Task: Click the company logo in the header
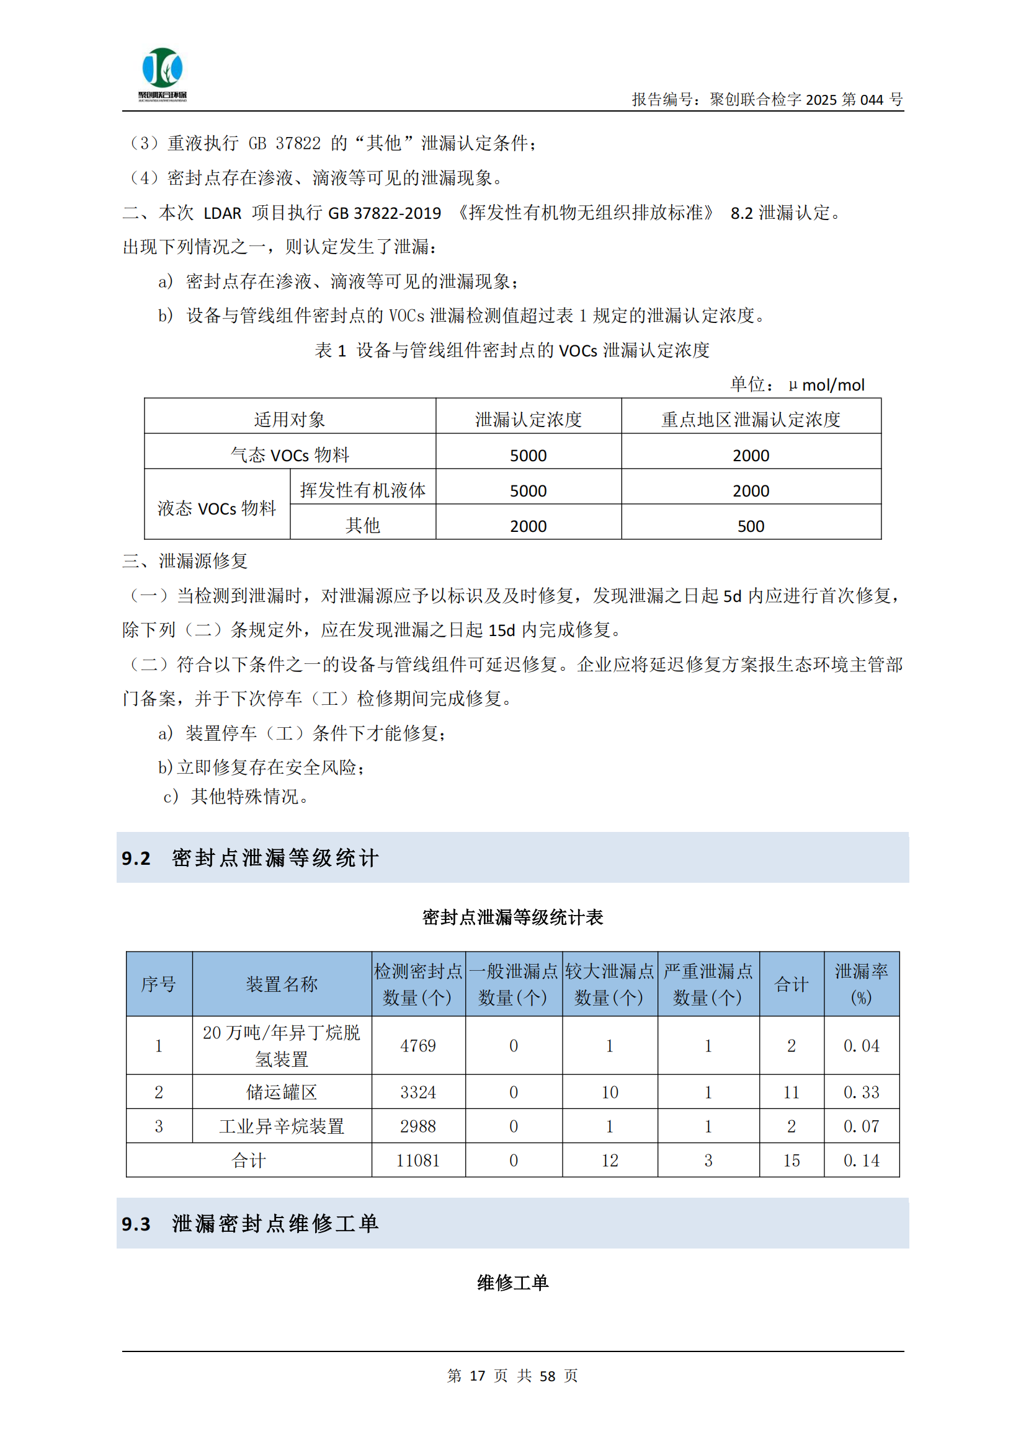(x=163, y=73)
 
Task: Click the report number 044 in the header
(x=871, y=99)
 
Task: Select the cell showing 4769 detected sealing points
(x=417, y=1046)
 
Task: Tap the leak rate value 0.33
(x=861, y=1092)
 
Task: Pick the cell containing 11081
(x=417, y=1160)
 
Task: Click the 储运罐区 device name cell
(x=282, y=1092)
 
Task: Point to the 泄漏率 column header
(x=861, y=984)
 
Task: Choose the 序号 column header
(x=159, y=984)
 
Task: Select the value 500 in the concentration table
(x=751, y=526)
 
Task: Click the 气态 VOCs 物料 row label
(x=289, y=454)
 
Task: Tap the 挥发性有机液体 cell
(x=363, y=491)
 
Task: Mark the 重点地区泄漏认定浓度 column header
(x=751, y=419)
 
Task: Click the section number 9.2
(x=136, y=858)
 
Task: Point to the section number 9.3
(x=136, y=1224)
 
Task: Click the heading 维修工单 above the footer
(x=512, y=1283)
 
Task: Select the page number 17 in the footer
(x=477, y=1376)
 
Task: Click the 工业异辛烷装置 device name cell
(x=282, y=1126)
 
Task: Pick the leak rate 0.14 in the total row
(x=861, y=1160)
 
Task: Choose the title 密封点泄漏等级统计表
(x=512, y=917)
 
